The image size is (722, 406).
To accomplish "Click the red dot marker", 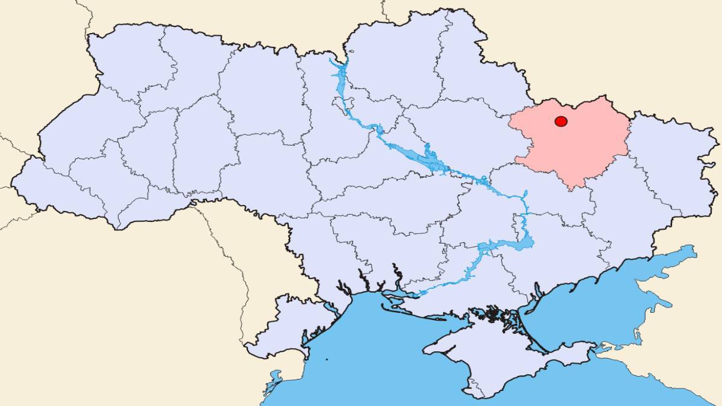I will click(561, 121).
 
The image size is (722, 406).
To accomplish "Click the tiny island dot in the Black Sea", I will click(327, 360).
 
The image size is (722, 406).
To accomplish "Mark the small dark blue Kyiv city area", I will click(379, 130).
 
